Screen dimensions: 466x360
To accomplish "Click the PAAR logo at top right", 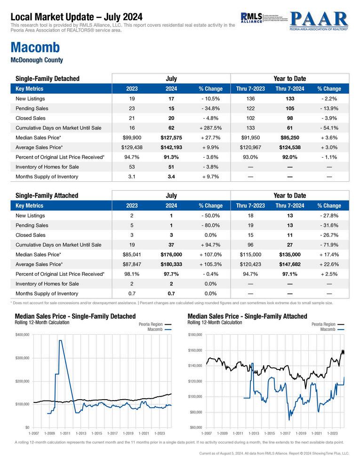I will click(319, 20).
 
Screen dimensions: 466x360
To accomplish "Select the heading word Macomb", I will click(34, 48).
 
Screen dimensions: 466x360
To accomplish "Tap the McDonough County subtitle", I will click(36, 60).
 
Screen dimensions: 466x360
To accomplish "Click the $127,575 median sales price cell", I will click(171, 137).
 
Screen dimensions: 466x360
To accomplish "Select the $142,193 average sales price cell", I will click(171, 147).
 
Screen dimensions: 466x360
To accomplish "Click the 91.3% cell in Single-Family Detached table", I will click(171, 157).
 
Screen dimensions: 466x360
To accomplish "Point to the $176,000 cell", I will click(171, 254).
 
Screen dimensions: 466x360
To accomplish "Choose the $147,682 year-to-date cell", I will click(289, 264).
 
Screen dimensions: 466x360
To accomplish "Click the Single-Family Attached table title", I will click(47, 195).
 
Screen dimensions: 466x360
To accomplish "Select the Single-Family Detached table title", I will click(47, 79).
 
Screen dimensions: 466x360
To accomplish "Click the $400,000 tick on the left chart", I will click(23, 335).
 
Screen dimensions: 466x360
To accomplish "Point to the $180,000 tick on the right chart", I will click(195, 335).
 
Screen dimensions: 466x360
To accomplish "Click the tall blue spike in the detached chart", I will click(61, 341).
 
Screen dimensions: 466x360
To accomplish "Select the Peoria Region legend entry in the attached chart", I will click(323, 324).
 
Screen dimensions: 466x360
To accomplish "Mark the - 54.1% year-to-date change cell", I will click(329, 128).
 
